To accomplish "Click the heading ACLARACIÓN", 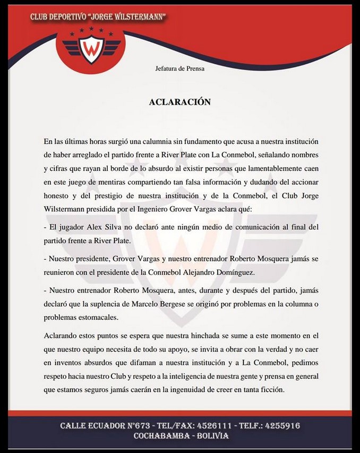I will (180, 102).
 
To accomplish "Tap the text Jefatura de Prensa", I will (180, 68).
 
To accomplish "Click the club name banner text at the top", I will (98, 17).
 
